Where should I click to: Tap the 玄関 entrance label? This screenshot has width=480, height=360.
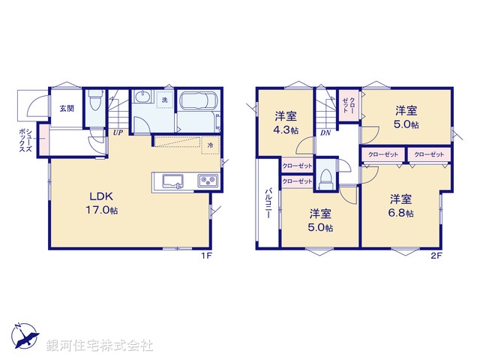(67, 109)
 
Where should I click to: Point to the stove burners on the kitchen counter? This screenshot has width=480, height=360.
(207, 181)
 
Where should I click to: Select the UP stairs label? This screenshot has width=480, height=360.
(118, 133)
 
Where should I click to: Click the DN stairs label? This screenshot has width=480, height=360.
(325, 133)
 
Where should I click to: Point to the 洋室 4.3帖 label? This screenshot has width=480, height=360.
(286, 122)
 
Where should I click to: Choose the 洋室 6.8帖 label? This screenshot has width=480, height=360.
(401, 205)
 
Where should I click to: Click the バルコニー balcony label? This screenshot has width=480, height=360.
(268, 202)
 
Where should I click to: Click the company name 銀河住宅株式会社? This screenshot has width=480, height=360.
(100, 346)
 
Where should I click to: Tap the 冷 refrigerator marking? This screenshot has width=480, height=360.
(211, 145)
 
